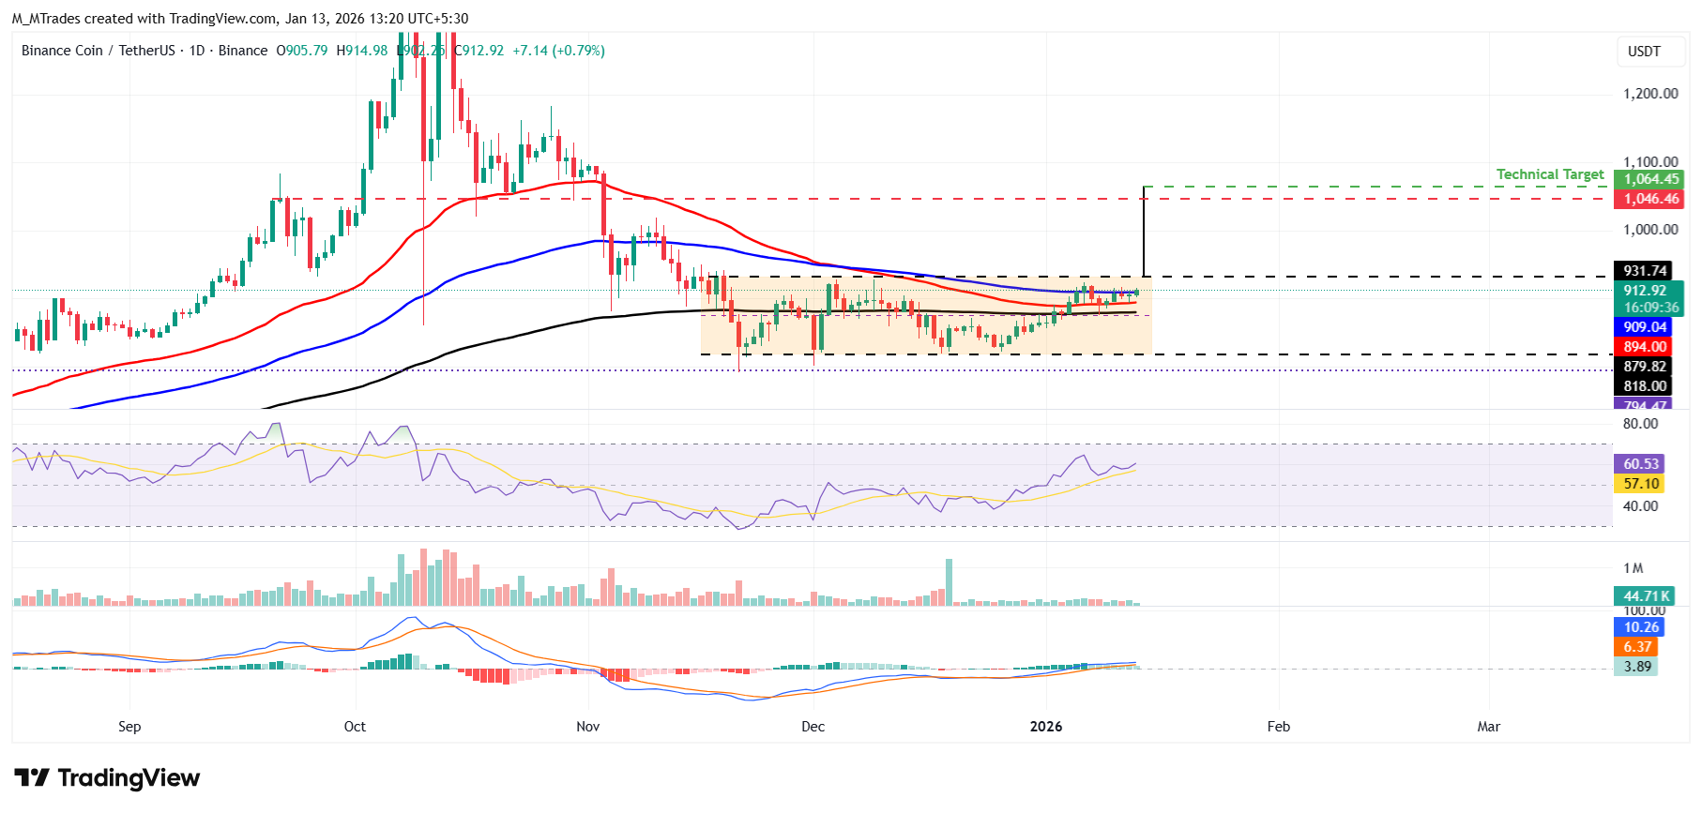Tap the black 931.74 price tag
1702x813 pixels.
[1643, 271]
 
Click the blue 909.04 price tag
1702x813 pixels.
[1643, 327]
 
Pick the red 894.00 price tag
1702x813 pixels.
[1643, 347]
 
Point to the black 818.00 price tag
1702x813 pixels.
[1643, 386]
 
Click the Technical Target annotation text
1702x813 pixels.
[1549, 174]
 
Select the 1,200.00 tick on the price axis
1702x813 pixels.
[1649, 94]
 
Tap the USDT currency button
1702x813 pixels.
[1643, 52]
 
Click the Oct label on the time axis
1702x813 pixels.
[355, 727]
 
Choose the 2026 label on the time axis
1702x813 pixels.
[1046, 727]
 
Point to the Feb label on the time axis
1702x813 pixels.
[1278, 727]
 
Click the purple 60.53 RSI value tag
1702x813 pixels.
[1639, 464]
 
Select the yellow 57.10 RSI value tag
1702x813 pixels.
[1639, 484]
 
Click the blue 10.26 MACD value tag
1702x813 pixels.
[1639, 627]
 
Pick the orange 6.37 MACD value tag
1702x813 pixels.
[1637, 647]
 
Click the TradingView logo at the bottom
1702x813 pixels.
[108, 778]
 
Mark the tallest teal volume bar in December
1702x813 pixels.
[949, 582]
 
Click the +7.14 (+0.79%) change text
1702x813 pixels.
[558, 51]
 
